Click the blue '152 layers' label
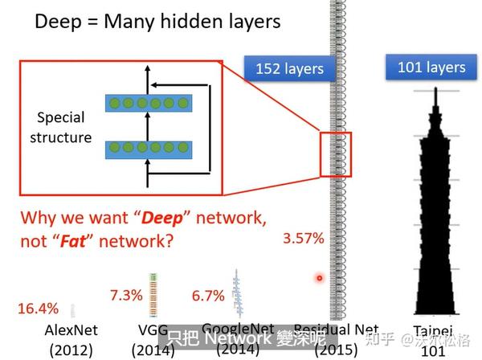(x=289, y=68)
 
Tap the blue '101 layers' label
(x=431, y=67)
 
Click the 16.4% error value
(x=37, y=309)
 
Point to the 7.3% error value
(x=125, y=294)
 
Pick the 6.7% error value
(x=207, y=296)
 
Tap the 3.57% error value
(x=303, y=238)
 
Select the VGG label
(x=151, y=330)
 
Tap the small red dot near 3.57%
(x=319, y=278)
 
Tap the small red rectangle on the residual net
(x=335, y=153)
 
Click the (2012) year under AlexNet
(x=71, y=350)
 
